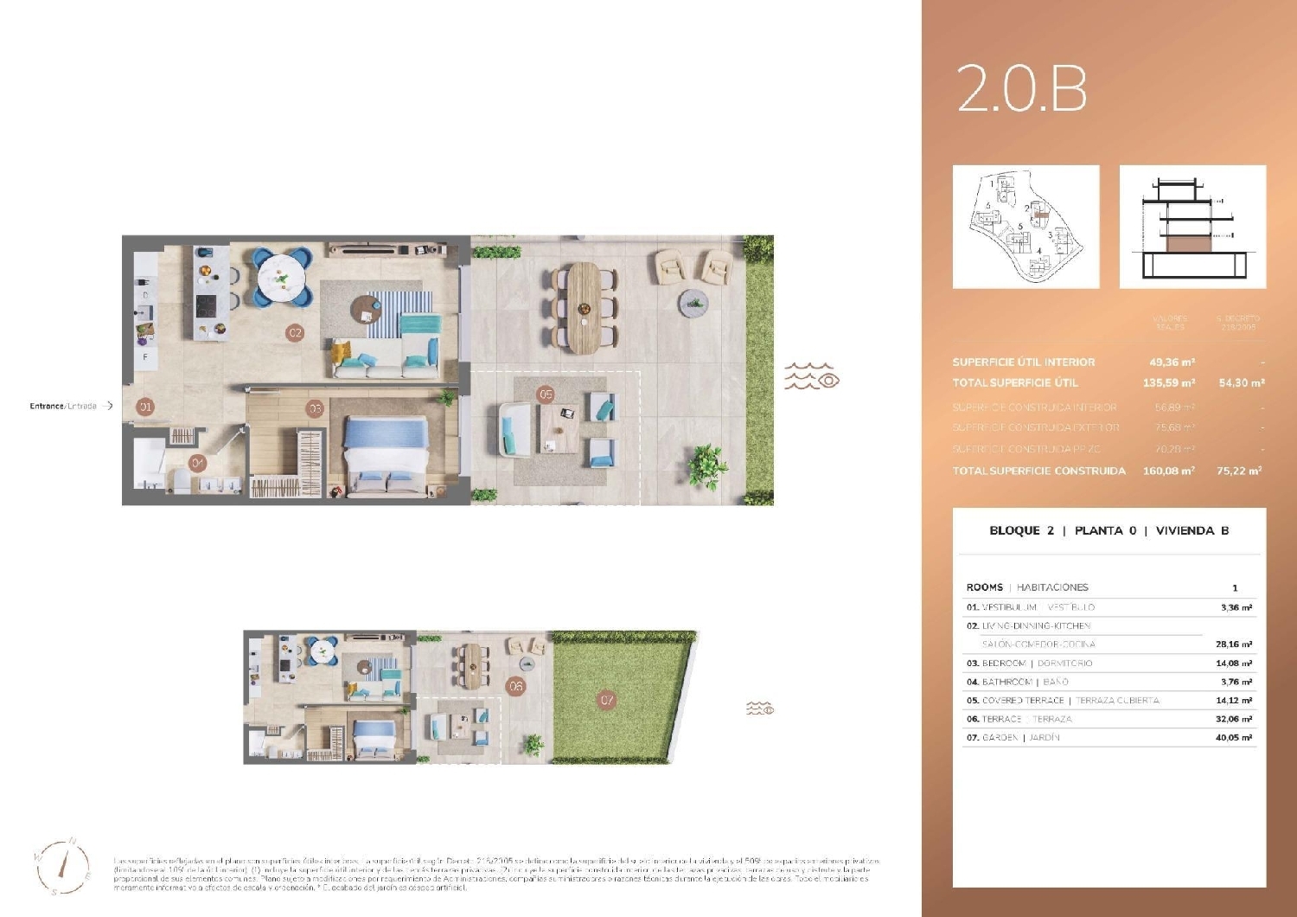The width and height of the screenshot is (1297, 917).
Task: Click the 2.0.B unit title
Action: [x=1021, y=89]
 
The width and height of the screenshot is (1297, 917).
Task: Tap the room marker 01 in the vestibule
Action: [x=145, y=407]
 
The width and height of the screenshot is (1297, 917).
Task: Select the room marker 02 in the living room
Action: [x=295, y=333]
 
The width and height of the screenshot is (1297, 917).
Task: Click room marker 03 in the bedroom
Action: [x=315, y=408]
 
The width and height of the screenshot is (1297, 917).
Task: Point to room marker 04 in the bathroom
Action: [x=198, y=464]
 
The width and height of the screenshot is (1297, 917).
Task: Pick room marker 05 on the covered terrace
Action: [x=546, y=394]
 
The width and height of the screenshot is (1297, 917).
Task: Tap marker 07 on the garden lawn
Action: [x=607, y=700]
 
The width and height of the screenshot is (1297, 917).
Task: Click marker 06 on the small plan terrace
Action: [x=516, y=686]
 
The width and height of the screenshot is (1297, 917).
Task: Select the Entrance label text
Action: [x=63, y=406]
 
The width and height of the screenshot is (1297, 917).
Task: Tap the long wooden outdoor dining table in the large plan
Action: [x=584, y=307]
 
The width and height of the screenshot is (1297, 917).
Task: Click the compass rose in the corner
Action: [x=63, y=866]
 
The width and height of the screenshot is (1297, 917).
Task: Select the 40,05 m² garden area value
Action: [x=1236, y=738]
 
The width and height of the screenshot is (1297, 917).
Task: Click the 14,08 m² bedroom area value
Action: [x=1236, y=664]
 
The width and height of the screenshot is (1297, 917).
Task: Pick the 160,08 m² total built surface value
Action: [x=1168, y=471]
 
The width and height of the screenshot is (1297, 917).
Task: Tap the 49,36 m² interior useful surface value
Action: [x=1172, y=362]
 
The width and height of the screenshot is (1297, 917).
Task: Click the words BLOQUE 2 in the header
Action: [x=1021, y=531]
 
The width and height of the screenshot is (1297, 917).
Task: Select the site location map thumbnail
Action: [x=1025, y=227]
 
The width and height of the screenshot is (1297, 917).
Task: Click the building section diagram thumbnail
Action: [x=1192, y=227]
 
